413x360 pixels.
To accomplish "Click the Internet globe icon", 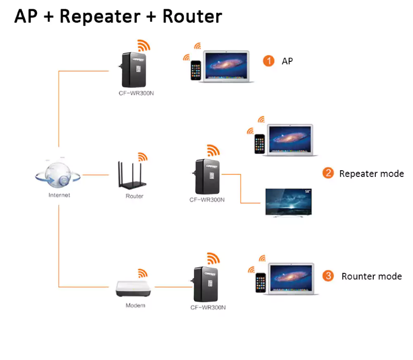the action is [x=58, y=174].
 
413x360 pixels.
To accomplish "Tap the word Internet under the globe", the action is [x=59, y=195].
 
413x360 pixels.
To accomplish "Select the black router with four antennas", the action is [x=132, y=175].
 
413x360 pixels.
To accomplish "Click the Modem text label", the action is [x=135, y=305].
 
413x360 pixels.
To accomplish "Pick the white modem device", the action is [x=133, y=289].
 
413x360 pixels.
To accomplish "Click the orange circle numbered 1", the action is [x=268, y=61].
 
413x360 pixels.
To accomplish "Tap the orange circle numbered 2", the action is [x=328, y=173].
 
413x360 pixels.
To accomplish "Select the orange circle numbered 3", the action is [x=328, y=276].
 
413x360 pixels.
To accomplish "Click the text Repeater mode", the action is [x=371, y=174].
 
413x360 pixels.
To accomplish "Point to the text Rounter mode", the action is [x=372, y=276].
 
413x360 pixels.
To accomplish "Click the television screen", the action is [x=289, y=202].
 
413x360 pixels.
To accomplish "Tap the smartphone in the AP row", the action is [x=196, y=70].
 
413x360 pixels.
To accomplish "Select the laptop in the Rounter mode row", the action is [x=291, y=279].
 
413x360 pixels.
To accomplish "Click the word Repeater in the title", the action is [x=100, y=17].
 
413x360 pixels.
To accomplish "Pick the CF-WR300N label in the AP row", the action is [x=136, y=93].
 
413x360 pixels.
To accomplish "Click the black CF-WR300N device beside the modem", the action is [x=205, y=284].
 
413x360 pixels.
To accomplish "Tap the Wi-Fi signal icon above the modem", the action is [x=142, y=273].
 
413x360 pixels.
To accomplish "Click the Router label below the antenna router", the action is [x=134, y=196].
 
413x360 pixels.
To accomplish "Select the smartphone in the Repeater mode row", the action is [x=260, y=144].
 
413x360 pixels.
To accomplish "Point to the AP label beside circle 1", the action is [x=288, y=61].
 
